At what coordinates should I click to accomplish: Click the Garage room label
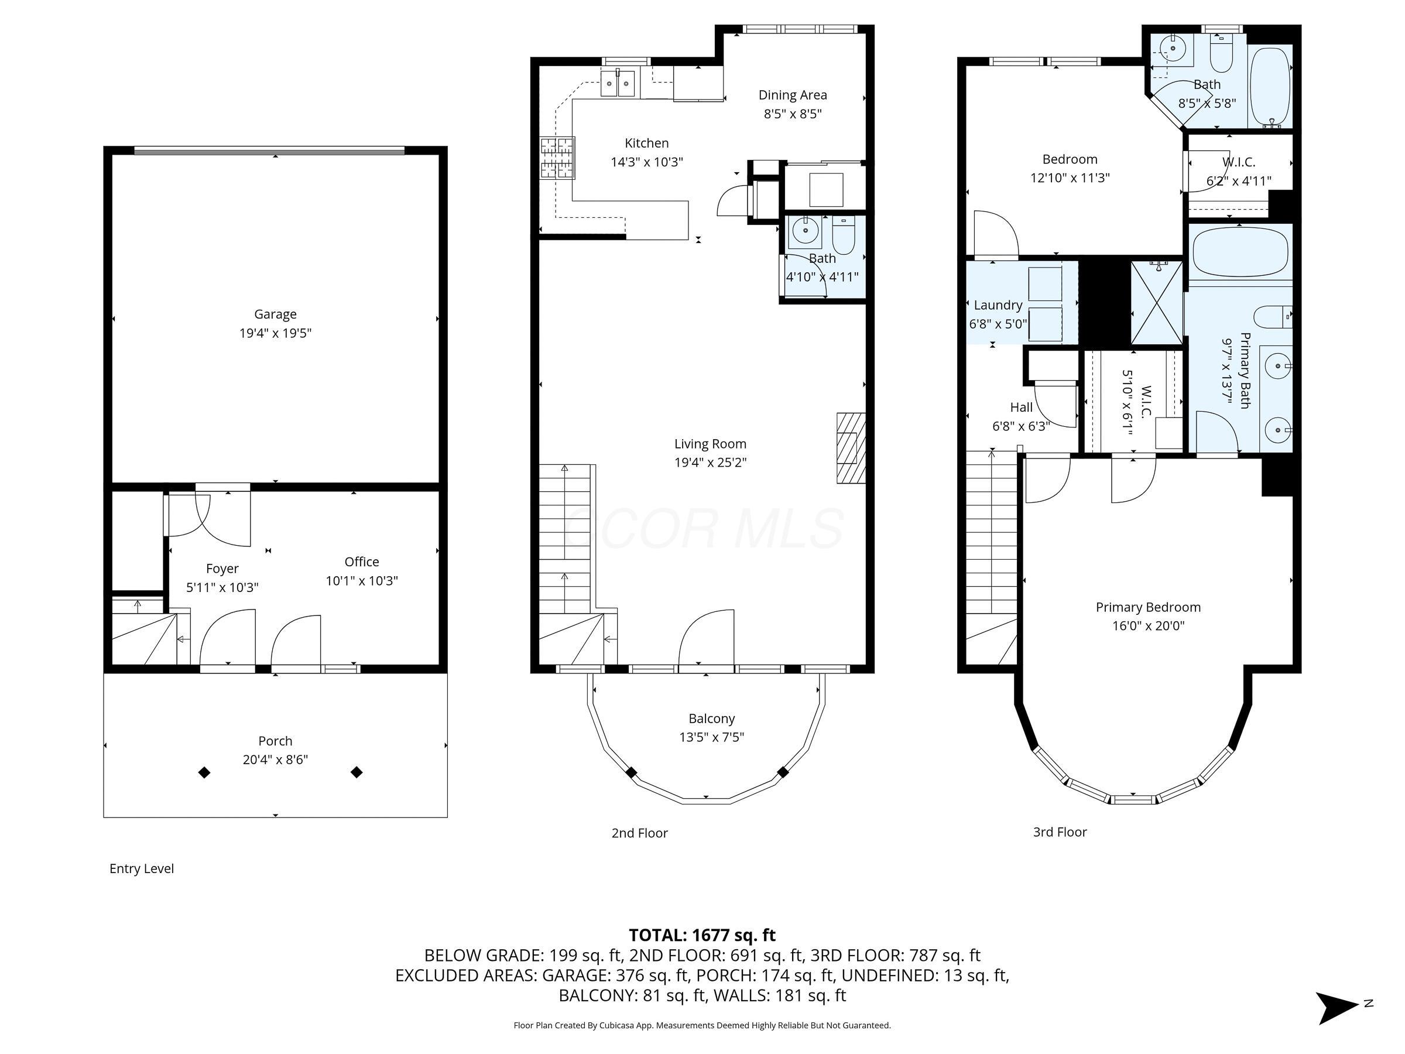[275, 314]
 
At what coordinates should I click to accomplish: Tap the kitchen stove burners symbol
[557, 158]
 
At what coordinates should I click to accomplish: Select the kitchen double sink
[618, 83]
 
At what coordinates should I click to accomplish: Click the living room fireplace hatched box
[851, 449]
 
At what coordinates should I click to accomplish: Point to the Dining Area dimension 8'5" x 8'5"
[792, 114]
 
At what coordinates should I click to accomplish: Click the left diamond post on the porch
[204, 772]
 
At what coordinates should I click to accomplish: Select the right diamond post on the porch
[357, 772]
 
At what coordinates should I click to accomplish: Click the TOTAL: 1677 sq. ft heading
[702, 935]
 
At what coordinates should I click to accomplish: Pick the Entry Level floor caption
[141, 868]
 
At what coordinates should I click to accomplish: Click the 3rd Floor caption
[1060, 831]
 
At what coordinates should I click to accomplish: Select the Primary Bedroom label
[1148, 607]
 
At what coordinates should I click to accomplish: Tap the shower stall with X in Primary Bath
[1157, 303]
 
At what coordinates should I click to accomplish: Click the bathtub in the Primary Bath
[1240, 252]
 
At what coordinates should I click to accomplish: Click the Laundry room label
[998, 305]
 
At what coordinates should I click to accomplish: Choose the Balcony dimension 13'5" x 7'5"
[711, 737]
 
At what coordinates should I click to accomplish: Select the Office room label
[361, 562]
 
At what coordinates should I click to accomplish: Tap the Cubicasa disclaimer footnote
[702, 1025]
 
